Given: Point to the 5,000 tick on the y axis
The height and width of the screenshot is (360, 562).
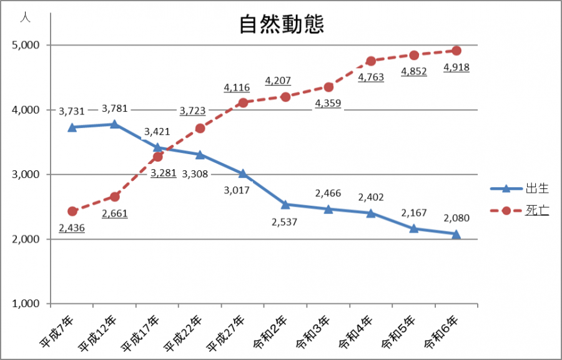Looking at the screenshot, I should (x=26, y=46).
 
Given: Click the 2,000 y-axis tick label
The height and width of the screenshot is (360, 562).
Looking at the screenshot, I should (x=26, y=240).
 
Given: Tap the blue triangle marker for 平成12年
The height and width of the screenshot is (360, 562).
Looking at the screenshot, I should (x=115, y=124).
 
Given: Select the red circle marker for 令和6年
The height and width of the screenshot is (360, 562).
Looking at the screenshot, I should (x=456, y=51).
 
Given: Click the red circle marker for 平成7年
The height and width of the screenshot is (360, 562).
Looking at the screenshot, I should (x=72, y=212).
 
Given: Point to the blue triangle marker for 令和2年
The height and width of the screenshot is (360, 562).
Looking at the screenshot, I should (x=285, y=204).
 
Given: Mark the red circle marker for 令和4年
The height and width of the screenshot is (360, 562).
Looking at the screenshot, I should (x=371, y=61).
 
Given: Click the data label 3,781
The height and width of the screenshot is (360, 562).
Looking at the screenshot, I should (x=115, y=109).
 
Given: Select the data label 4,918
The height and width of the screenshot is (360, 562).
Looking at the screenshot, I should (x=456, y=67).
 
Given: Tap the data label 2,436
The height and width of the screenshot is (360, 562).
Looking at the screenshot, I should (x=72, y=228).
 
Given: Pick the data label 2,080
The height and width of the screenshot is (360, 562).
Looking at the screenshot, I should (x=456, y=218).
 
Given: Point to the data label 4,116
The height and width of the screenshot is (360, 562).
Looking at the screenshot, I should (x=237, y=88).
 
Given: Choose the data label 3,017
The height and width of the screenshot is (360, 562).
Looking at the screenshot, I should (x=237, y=190).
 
